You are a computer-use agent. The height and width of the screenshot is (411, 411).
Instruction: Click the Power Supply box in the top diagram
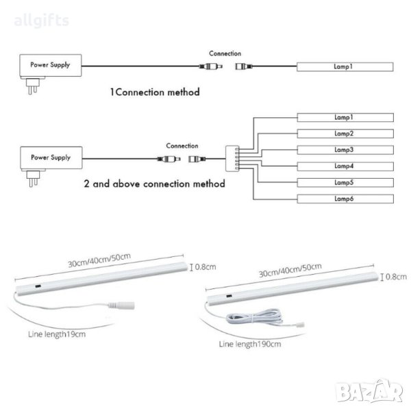click(51, 65)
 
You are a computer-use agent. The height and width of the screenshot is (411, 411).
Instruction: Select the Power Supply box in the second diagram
click(51, 158)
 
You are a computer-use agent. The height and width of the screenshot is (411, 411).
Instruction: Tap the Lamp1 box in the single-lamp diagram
click(345, 66)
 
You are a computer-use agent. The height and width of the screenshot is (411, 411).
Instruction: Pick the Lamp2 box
click(345, 134)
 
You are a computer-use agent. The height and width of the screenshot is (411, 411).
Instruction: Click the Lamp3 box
click(345, 150)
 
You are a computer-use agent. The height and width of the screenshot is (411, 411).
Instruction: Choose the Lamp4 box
click(345, 166)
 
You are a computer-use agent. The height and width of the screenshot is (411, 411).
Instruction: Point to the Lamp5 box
click(345, 182)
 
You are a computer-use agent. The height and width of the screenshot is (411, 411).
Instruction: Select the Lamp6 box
click(345, 199)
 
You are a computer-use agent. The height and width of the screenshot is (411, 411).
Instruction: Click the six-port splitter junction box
click(232, 159)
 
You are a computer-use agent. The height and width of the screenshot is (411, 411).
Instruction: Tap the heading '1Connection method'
click(155, 92)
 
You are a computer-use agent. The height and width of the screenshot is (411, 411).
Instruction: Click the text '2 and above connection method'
click(154, 184)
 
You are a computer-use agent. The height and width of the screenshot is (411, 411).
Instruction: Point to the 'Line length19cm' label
click(57, 334)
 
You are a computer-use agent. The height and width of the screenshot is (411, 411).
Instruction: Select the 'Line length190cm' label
click(250, 344)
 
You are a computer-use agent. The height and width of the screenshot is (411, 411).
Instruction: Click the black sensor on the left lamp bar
click(38, 286)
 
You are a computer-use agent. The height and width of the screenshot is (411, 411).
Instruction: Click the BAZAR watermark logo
click(370, 390)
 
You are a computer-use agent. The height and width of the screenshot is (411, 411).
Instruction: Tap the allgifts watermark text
click(41, 21)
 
